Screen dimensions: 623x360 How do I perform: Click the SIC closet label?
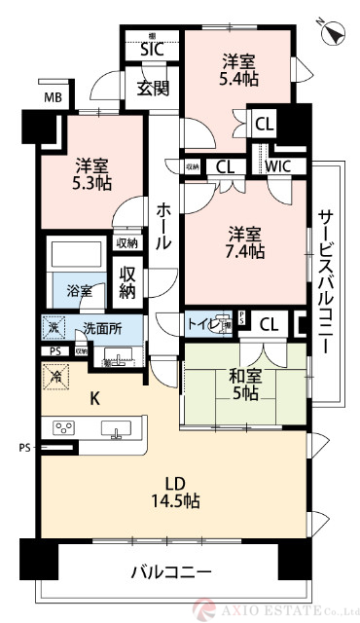[151, 48]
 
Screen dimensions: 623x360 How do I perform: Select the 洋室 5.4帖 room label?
[239, 67]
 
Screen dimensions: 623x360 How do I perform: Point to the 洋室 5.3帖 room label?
[90, 172]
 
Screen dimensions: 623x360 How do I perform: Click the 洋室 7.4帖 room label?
[246, 243]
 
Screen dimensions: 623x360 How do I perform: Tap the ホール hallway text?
[163, 225]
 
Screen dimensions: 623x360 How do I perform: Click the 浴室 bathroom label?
[80, 290]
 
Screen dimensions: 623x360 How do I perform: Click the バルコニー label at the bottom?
[170, 571]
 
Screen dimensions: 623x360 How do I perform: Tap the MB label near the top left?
[52, 97]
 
